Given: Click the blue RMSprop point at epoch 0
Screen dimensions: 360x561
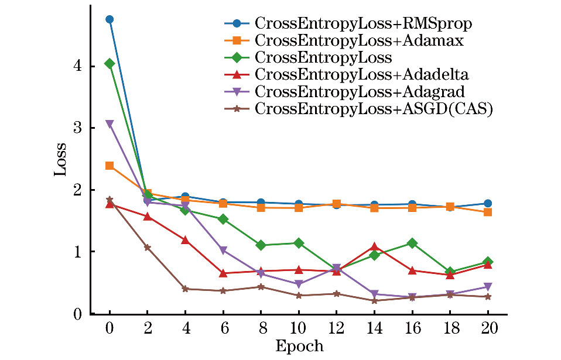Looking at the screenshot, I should (110, 19).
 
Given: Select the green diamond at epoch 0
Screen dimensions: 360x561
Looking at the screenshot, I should (110, 63).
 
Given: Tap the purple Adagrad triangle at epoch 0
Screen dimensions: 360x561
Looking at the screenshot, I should (110, 124).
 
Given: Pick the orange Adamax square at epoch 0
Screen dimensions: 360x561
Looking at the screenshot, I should (110, 166).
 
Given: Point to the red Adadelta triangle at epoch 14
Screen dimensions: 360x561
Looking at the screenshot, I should (374, 246).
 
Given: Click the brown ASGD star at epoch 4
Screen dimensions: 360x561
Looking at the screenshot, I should (185, 289).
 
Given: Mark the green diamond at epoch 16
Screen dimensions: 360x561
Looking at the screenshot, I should (412, 243).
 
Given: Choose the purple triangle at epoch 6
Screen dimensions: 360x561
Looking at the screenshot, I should (223, 251).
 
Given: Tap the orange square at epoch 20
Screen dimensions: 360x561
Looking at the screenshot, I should (488, 212).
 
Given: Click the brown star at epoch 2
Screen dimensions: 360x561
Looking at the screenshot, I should (148, 247).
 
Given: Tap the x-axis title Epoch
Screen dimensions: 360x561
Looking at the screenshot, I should (299, 346).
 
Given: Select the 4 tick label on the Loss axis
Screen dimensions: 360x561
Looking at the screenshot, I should (77, 67).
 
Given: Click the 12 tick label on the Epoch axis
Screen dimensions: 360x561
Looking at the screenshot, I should (336, 328).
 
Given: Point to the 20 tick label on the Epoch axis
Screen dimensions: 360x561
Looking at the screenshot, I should (488, 328).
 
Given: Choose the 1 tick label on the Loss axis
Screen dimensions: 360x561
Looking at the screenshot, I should (77, 252).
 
